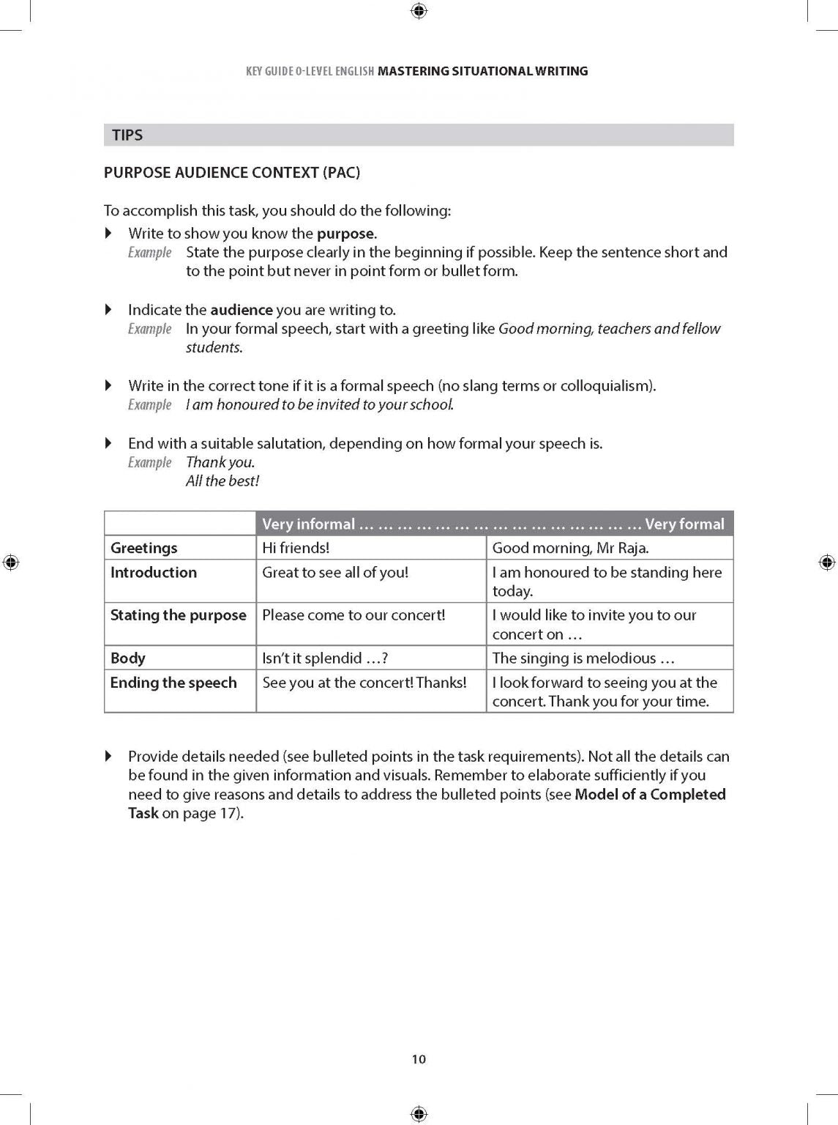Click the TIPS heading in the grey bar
click(x=127, y=135)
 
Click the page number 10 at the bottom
click(x=419, y=1059)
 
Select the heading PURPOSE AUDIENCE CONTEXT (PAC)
click(x=232, y=173)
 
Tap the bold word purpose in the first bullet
click(x=345, y=234)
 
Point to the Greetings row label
click(x=144, y=548)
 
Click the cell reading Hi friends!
click(x=296, y=548)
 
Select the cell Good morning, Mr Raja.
click(x=570, y=548)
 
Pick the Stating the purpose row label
click(x=178, y=615)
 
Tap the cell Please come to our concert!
click(x=353, y=615)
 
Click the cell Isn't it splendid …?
click(x=325, y=658)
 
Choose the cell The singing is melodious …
click(x=583, y=658)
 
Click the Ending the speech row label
click(x=173, y=683)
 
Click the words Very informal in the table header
click(x=308, y=524)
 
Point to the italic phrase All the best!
click(x=222, y=481)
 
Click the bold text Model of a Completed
click(x=650, y=795)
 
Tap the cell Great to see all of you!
click(x=335, y=573)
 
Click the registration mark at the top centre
click(x=419, y=10)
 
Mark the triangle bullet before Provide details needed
click(x=109, y=756)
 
